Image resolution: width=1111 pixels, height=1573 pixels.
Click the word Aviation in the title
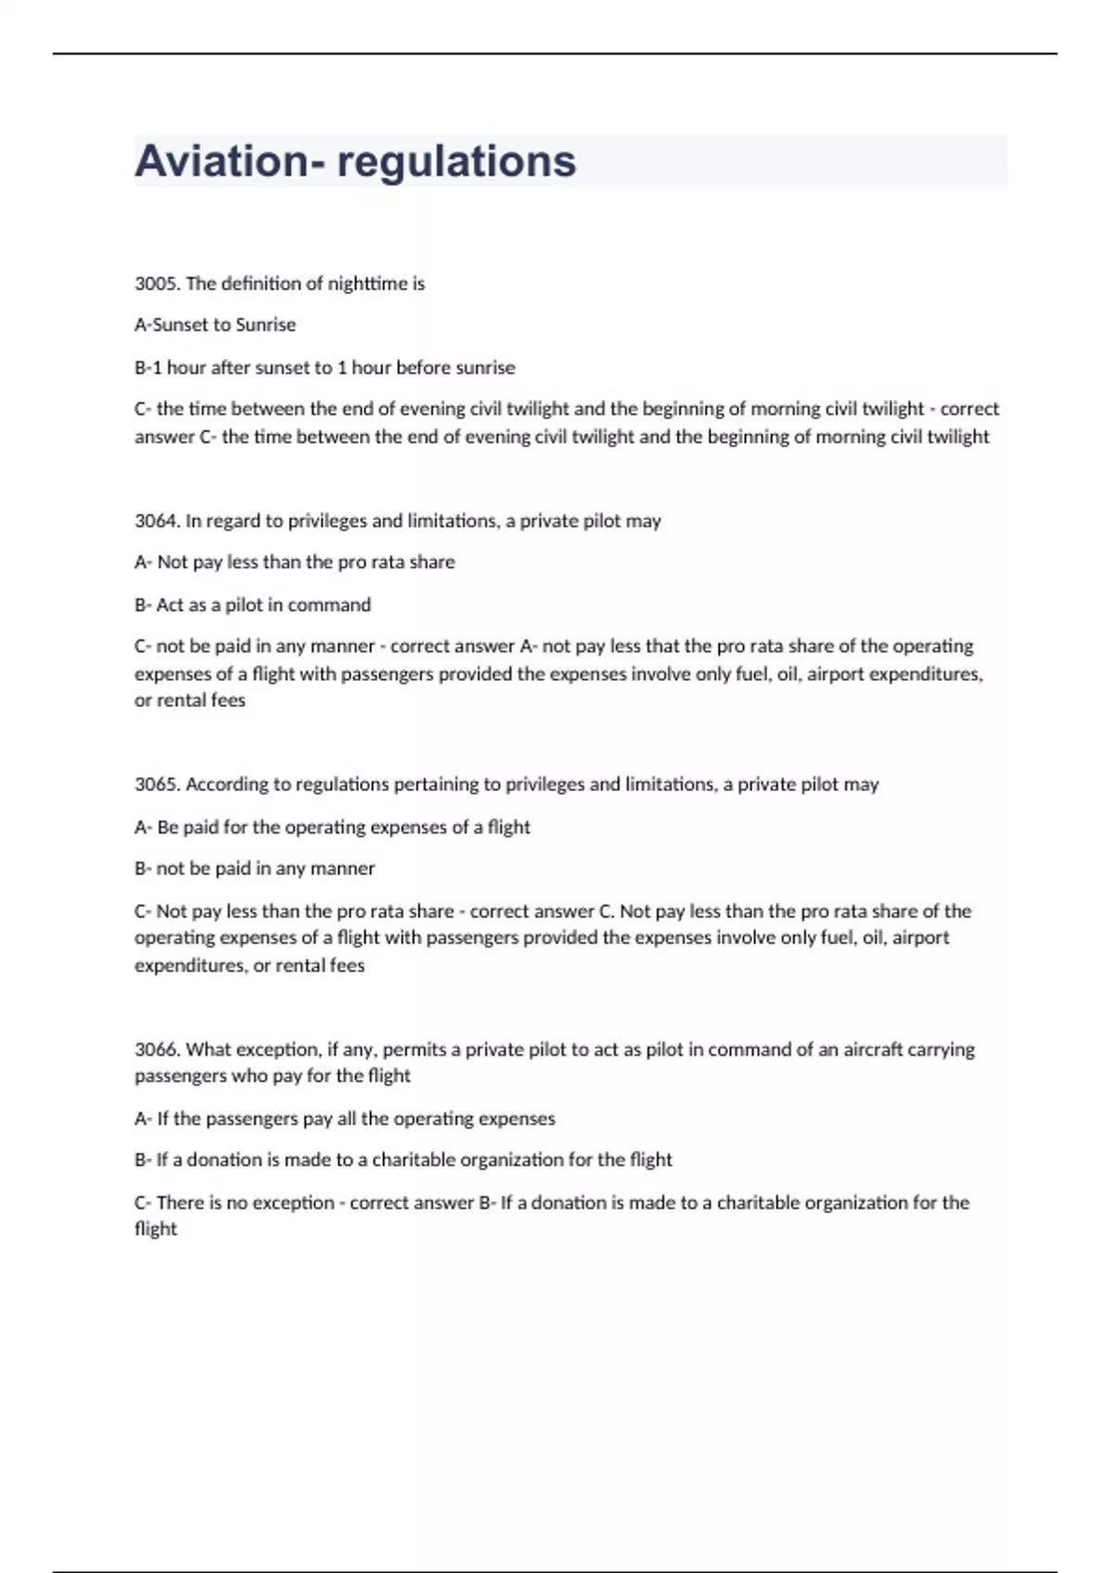(x=223, y=161)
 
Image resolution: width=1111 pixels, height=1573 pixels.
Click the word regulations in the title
(x=456, y=161)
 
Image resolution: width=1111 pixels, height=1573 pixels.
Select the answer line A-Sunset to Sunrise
(x=215, y=325)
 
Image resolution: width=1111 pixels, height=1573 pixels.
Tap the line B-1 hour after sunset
(x=324, y=367)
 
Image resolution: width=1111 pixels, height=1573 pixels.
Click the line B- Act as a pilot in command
(x=253, y=605)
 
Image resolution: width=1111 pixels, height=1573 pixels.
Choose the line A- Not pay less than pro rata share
(x=294, y=563)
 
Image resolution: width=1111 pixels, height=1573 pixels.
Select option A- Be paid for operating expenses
(x=332, y=827)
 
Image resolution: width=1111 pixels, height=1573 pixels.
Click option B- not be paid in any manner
(x=255, y=869)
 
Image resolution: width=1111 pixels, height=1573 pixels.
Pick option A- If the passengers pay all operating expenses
(x=344, y=1119)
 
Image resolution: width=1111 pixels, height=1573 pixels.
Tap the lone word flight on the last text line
(x=156, y=1230)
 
